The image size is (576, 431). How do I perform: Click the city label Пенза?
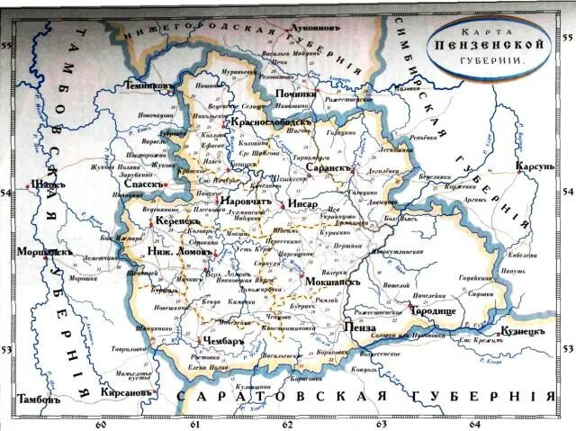point(359,330)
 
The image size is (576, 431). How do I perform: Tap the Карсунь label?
point(536,166)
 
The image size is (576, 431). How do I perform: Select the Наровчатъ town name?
point(246,202)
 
